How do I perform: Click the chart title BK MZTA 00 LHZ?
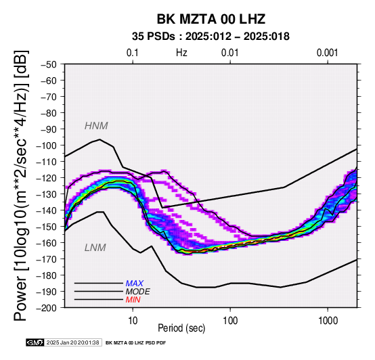tap(211, 19)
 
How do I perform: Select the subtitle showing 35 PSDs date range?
tap(211, 37)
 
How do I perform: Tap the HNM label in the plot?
tap(96, 126)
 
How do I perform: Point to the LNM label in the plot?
tap(95, 248)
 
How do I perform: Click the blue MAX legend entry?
tap(135, 284)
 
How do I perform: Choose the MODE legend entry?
tap(138, 292)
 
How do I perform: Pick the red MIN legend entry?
tap(133, 300)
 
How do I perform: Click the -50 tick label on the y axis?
tap(49, 64)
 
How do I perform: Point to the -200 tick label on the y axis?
tap(47, 308)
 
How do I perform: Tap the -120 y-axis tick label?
tap(47, 178)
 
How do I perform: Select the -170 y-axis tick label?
tap(47, 259)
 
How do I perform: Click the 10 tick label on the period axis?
tap(133, 320)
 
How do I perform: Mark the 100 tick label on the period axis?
tap(230, 320)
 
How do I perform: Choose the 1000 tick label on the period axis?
tap(328, 320)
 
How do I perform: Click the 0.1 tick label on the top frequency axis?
tap(133, 53)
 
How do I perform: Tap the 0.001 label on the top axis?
tap(328, 53)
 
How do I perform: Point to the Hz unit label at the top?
tap(181, 53)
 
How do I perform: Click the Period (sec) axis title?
tap(181, 328)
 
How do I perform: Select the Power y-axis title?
tap(21, 185)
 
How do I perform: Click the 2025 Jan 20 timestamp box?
tap(73, 342)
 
